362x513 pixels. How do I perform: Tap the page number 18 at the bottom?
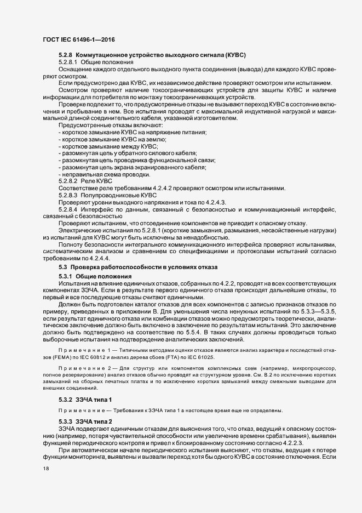(x=46, y=485)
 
